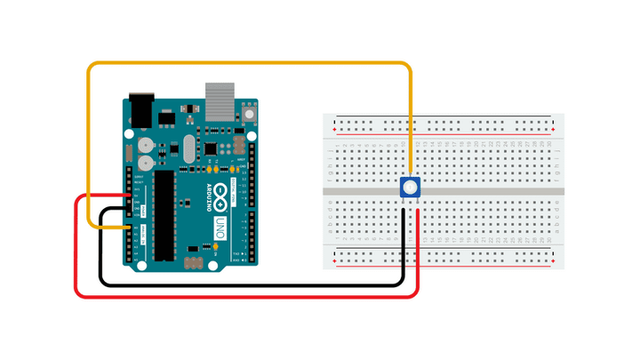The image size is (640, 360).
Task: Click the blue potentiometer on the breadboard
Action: tap(409, 188)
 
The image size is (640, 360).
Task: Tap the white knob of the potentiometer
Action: tap(409, 187)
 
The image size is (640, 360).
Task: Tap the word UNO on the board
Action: tap(220, 229)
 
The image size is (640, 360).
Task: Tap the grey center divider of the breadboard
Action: tap(498, 191)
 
